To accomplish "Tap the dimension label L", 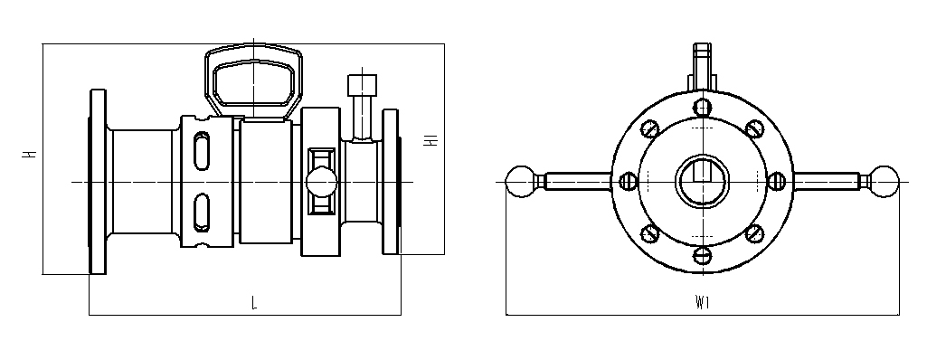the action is pos(254,303).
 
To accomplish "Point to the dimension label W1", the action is pos(703,303).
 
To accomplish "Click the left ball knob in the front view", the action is pos(521,182).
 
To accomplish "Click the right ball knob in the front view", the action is pos(884,182).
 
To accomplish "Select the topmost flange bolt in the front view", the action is pos(703,108).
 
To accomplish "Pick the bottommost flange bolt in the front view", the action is pos(703,255).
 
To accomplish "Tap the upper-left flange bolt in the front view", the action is pos(650,128).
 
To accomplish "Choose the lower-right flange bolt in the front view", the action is pos(754,233).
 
